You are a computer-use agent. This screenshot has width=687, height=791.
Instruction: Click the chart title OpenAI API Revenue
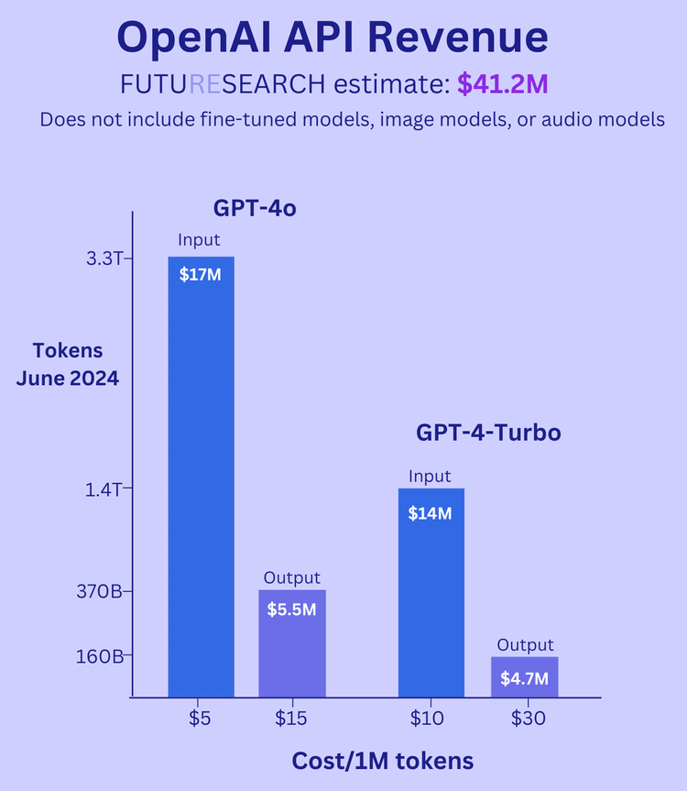tap(333, 37)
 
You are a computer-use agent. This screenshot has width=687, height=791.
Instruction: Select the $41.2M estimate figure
tap(502, 84)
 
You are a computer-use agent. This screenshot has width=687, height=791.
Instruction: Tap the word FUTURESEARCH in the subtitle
tap(223, 84)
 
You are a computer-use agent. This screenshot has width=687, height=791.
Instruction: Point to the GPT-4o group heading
tap(255, 208)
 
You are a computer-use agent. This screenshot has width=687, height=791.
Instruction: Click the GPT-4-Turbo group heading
tap(487, 432)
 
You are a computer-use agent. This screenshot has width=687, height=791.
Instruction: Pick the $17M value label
tap(201, 275)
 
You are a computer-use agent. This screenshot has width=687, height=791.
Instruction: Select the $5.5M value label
tap(291, 609)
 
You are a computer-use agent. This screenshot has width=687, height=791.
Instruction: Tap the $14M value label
tap(431, 513)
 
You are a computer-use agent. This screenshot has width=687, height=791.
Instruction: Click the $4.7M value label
tap(524, 679)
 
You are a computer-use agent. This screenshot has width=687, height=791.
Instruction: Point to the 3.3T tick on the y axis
tap(104, 258)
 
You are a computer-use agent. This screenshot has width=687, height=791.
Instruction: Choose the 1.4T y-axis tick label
tap(104, 489)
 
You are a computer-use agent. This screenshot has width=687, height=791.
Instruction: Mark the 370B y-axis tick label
tap(102, 592)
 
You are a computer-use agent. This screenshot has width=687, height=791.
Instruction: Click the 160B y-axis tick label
tap(102, 656)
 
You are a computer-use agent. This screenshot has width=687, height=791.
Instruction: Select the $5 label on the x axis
tap(201, 719)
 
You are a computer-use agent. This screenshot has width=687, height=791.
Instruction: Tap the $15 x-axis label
tap(291, 719)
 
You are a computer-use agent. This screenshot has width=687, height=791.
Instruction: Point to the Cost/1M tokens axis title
tap(382, 761)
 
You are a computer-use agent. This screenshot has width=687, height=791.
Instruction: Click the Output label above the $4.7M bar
tap(525, 645)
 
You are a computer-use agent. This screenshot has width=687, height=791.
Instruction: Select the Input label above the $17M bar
tap(200, 240)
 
